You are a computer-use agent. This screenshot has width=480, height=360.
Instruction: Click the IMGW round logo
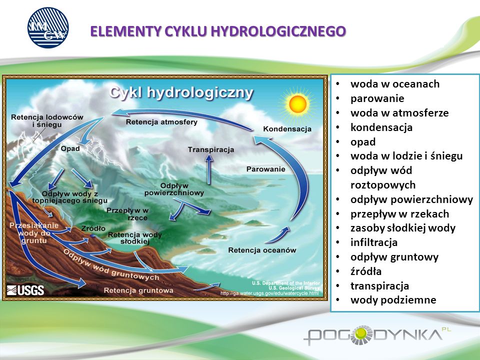48,27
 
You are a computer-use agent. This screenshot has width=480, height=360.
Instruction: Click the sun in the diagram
297,104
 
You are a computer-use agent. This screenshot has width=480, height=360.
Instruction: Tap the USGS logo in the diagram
25,290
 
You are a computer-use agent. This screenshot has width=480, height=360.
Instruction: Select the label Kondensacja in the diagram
287,129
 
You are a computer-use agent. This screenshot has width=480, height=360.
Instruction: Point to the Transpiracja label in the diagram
211,149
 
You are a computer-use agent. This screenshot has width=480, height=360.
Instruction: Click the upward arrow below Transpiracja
209,169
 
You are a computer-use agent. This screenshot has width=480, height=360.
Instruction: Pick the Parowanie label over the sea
265,169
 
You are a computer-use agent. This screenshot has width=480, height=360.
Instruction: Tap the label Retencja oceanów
262,250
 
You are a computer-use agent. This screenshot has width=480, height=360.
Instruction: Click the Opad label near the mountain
70,149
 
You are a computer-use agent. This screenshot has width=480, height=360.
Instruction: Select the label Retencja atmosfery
161,122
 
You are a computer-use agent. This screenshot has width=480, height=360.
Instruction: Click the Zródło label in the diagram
93,228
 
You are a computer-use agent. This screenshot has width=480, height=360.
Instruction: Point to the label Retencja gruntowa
138,290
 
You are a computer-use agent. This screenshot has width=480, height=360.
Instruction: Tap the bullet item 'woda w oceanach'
395,84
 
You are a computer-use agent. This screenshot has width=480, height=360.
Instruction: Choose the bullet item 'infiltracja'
374,242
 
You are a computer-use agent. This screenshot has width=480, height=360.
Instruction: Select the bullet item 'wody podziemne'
393,300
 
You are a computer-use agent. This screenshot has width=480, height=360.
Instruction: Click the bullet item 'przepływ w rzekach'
400,213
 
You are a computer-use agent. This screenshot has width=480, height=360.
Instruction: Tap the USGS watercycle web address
269,293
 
